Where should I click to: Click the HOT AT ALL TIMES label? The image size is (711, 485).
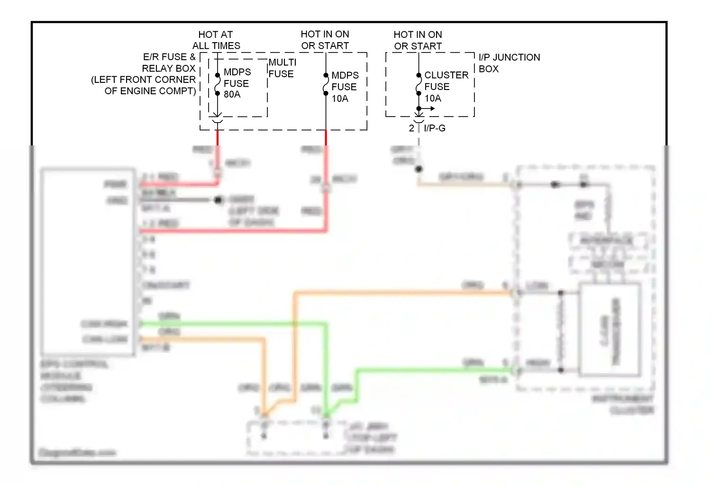[x=216, y=40]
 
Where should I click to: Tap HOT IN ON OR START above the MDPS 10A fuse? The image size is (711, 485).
[x=325, y=40]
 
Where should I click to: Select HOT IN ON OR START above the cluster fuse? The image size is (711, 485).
[x=418, y=40]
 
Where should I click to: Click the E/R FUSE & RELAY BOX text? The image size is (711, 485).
[x=169, y=63]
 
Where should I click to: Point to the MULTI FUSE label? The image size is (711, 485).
[x=282, y=68]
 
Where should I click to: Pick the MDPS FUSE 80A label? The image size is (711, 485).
[x=237, y=83]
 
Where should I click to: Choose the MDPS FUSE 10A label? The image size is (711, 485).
[x=345, y=87]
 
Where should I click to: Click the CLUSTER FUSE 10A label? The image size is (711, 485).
[x=446, y=87]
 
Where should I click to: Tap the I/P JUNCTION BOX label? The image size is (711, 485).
[x=509, y=63]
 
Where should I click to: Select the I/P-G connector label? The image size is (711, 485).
[x=435, y=128]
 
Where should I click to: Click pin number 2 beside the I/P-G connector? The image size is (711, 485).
[x=411, y=128]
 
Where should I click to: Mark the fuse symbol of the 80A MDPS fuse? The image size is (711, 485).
[x=218, y=84]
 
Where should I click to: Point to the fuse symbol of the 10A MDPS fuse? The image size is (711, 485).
[x=326, y=84]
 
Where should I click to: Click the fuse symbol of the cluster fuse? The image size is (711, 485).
[x=419, y=84]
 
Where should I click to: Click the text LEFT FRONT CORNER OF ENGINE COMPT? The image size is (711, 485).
[x=144, y=85]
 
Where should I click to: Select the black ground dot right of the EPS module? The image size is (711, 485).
[x=218, y=200]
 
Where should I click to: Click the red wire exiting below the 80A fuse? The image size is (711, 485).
[x=218, y=137]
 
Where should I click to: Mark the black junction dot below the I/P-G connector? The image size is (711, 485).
[x=419, y=169]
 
